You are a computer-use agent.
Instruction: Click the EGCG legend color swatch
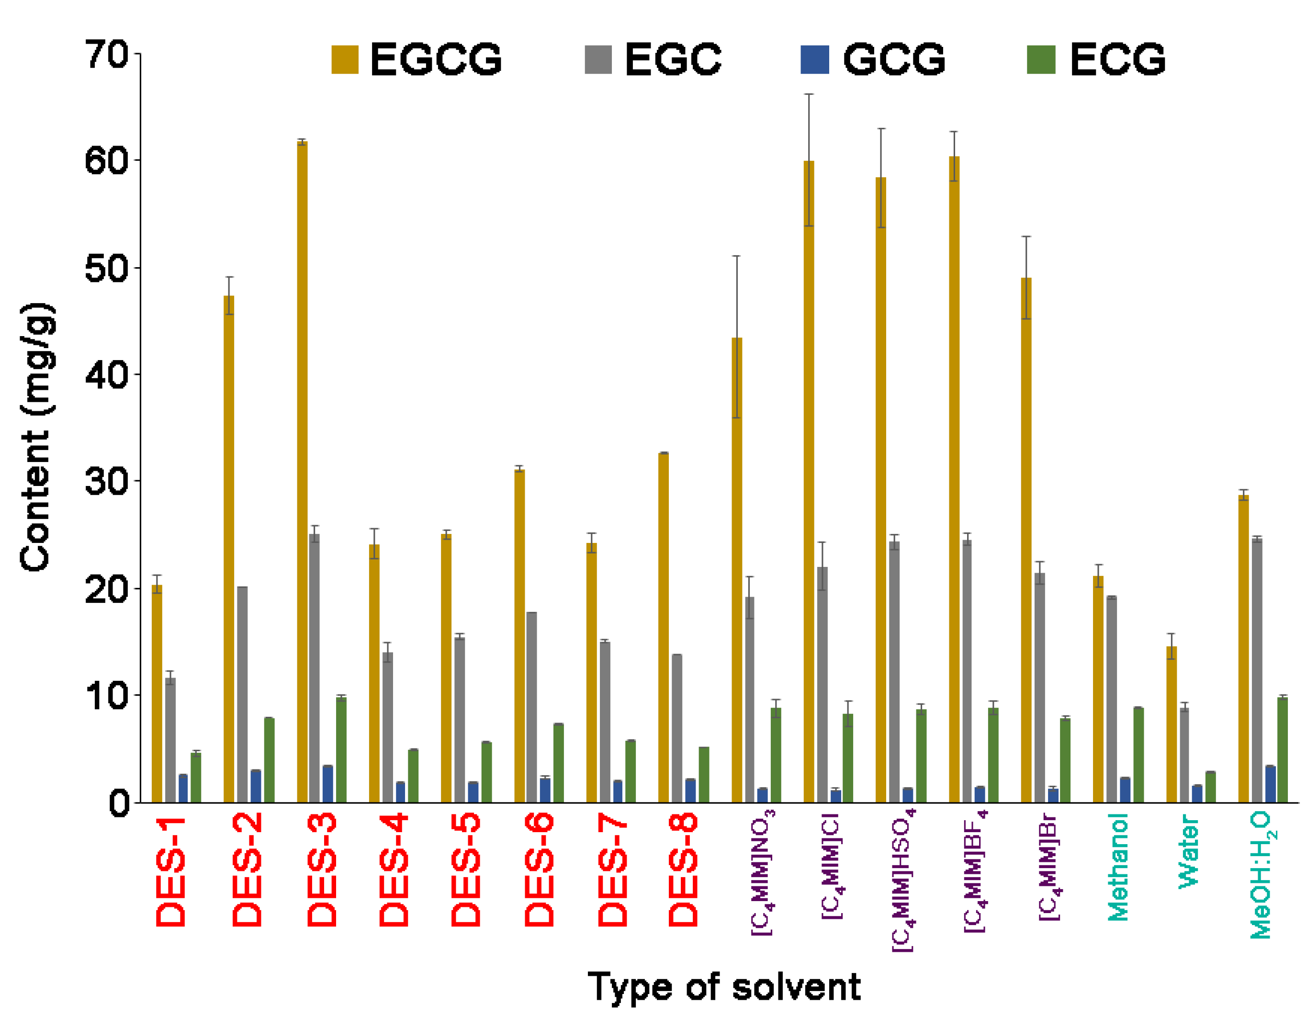(x=345, y=59)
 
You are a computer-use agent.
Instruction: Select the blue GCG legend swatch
(x=814, y=59)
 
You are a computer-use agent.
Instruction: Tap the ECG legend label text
(x=1117, y=59)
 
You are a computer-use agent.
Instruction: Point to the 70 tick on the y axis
(x=106, y=55)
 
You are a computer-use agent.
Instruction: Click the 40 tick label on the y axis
(x=106, y=375)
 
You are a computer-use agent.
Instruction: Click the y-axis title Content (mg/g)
(x=37, y=436)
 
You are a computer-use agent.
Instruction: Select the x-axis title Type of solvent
(x=724, y=987)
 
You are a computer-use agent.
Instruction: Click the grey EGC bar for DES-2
(x=242, y=695)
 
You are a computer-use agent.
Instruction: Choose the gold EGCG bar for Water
(x=1171, y=725)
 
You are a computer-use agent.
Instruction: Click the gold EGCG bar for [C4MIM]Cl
(x=809, y=482)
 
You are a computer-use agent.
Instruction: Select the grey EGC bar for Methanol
(x=1112, y=700)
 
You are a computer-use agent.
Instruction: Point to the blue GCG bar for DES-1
(x=183, y=789)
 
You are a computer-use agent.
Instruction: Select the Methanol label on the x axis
(x=1117, y=867)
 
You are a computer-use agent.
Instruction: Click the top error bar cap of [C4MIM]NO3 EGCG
(x=736, y=256)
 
